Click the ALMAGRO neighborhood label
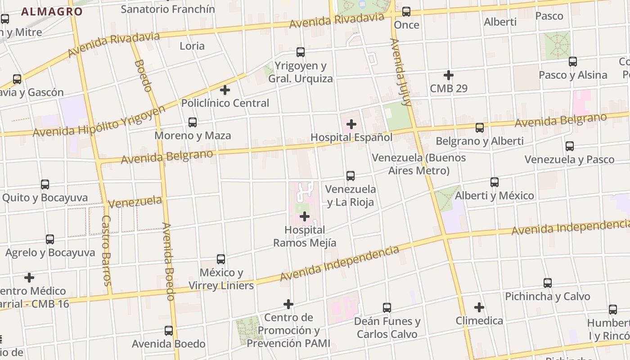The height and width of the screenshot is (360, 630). tap(52, 12)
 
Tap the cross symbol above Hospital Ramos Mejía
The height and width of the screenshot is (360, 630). tap(305, 217)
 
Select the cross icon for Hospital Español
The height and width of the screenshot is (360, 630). tap(351, 124)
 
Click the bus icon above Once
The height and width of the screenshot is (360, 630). tap(406, 12)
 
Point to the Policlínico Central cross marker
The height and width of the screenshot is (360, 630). tap(225, 90)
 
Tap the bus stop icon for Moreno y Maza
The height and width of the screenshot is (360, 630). tap(193, 122)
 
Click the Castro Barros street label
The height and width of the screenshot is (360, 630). tap(107, 251)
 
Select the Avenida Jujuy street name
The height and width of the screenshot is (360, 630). tap(401, 72)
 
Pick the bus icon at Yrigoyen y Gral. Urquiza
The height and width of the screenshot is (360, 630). tap(301, 52)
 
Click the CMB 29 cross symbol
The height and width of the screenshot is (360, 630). tap(448, 75)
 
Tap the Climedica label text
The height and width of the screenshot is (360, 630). tap(479, 321)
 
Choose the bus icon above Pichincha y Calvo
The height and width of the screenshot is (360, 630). tap(548, 283)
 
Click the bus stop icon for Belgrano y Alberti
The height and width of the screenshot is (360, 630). tap(480, 128)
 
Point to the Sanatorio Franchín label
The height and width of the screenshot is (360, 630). tap(168, 9)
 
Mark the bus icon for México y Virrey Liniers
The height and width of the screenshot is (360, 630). tap(221, 259)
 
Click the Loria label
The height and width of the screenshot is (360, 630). tap(192, 46)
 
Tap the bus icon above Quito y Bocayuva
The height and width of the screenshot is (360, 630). tap(45, 184)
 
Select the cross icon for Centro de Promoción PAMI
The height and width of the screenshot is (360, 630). tap(288, 304)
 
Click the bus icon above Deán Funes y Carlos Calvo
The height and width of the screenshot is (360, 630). tap(387, 308)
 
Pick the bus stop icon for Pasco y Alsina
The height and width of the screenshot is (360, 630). tap(573, 62)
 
